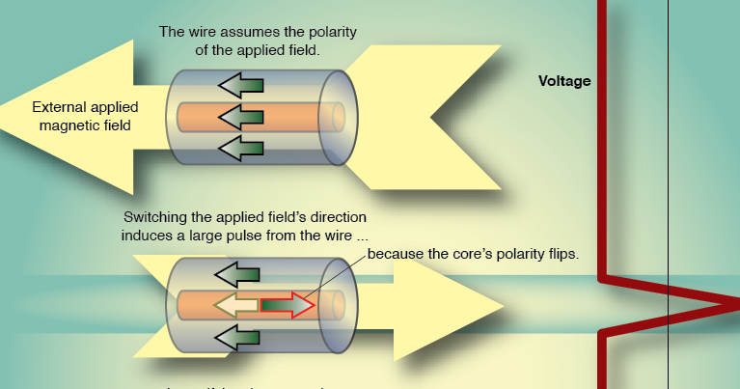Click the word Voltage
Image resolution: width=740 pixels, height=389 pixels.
coord(564,82)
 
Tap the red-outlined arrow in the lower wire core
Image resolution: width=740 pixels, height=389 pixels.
coord(288,306)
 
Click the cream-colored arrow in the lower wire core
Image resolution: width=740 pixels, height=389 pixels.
coord(235,306)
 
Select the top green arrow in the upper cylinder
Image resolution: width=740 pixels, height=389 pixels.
coord(241,86)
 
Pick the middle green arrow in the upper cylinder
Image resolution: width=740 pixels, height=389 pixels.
coord(241,118)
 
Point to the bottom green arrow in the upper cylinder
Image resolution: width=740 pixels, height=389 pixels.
coord(241,149)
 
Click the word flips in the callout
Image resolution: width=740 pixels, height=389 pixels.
coord(561,255)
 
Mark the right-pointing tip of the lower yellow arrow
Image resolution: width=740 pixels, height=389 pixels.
coord(503,306)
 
